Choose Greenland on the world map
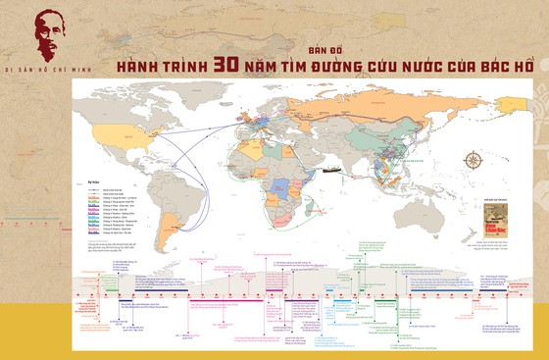(x=217, y=99)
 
